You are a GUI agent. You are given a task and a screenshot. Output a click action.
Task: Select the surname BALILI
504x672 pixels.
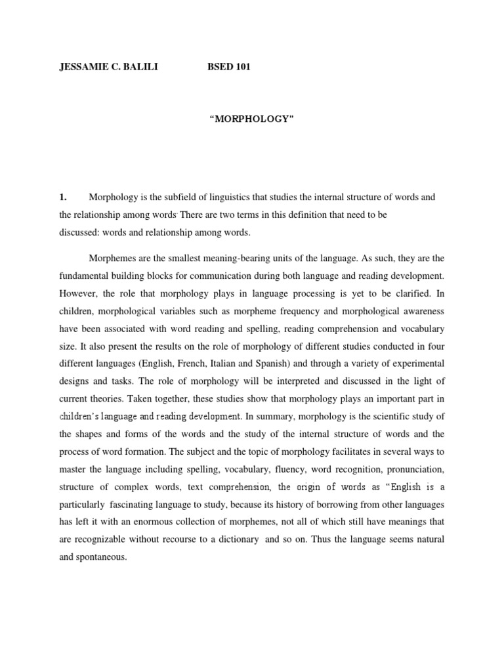coord(140,67)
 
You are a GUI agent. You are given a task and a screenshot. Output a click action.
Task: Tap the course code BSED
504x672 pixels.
coord(220,67)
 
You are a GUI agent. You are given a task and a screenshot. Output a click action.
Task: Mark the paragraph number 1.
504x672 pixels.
coord(63,197)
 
